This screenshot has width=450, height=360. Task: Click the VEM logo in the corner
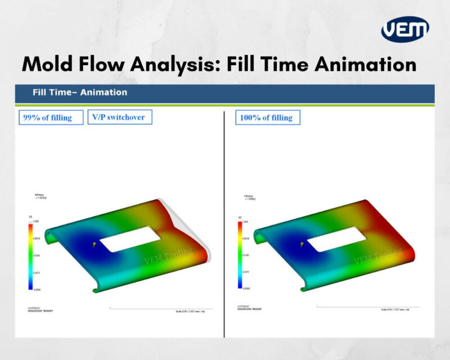405,29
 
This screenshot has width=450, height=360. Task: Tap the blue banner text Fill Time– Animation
80,92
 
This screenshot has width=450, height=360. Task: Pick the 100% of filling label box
267,118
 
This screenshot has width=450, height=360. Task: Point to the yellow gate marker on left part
94,244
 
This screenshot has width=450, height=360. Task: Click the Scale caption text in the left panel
190,310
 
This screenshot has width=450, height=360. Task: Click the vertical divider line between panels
224,225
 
